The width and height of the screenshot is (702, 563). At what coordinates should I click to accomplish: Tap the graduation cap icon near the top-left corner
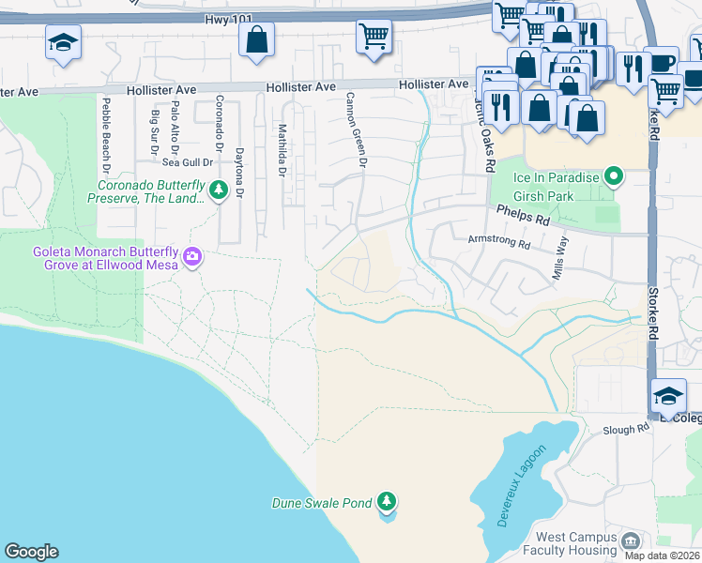63,42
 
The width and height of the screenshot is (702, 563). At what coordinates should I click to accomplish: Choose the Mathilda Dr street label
281,149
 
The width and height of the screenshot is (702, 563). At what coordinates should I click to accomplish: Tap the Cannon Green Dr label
355,130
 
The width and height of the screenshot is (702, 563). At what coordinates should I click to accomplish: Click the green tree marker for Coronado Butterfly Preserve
219,190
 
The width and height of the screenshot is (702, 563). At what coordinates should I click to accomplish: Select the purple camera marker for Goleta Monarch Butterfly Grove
193,256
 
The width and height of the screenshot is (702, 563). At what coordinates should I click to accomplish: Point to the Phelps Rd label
522,215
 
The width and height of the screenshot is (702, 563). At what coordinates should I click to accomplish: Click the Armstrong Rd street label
498,241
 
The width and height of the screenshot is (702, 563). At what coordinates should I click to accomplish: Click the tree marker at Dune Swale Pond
386,503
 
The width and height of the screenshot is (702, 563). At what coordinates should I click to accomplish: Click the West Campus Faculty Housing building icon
631,540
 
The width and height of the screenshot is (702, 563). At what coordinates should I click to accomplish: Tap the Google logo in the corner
31,552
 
